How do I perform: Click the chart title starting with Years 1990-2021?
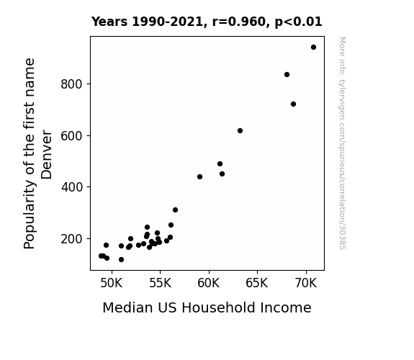tap(207, 22)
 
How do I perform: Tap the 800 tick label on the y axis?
tap(72, 84)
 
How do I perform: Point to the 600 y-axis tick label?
tap(72, 136)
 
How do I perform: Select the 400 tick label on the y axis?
tap(72, 187)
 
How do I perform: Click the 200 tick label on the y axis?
tap(72, 239)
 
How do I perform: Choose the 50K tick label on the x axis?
tap(112, 283)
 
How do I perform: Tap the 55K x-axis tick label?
tap(160, 283)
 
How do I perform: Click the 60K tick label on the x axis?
tap(209, 283)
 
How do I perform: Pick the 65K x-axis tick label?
tap(256, 283)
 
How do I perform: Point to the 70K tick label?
tap(306, 283)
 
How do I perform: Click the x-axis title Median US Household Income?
tap(207, 307)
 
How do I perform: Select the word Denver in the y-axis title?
tap(47, 155)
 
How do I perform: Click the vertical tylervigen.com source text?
tap(342, 143)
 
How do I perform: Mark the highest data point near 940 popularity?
tap(313, 48)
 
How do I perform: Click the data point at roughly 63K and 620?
tap(240, 131)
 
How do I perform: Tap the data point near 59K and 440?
tap(199, 176)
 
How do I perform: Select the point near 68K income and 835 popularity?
tap(287, 74)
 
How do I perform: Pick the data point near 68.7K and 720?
tap(293, 104)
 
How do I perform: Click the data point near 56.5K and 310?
tap(175, 210)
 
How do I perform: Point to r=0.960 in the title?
tap(239, 22)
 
